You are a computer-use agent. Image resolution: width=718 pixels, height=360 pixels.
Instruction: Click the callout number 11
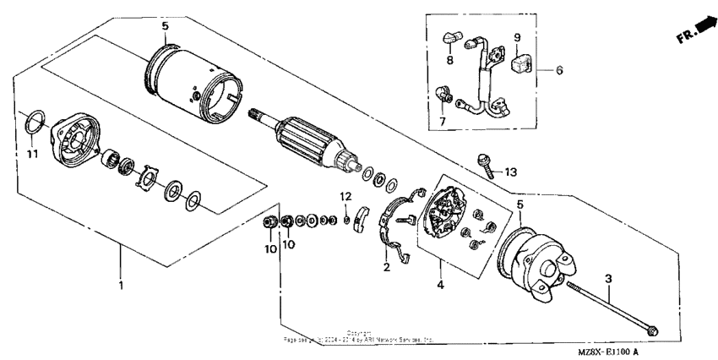click(x=32, y=157)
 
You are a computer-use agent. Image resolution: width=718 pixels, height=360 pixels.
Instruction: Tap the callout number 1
click(x=121, y=286)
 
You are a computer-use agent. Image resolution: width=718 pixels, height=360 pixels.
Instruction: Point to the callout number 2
click(x=387, y=267)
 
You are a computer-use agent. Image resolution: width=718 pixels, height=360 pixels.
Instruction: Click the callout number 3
click(x=607, y=277)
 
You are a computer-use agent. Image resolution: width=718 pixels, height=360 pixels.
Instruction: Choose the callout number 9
click(x=517, y=37)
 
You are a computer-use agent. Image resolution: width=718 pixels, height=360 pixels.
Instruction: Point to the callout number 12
click(x=345, y=196)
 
